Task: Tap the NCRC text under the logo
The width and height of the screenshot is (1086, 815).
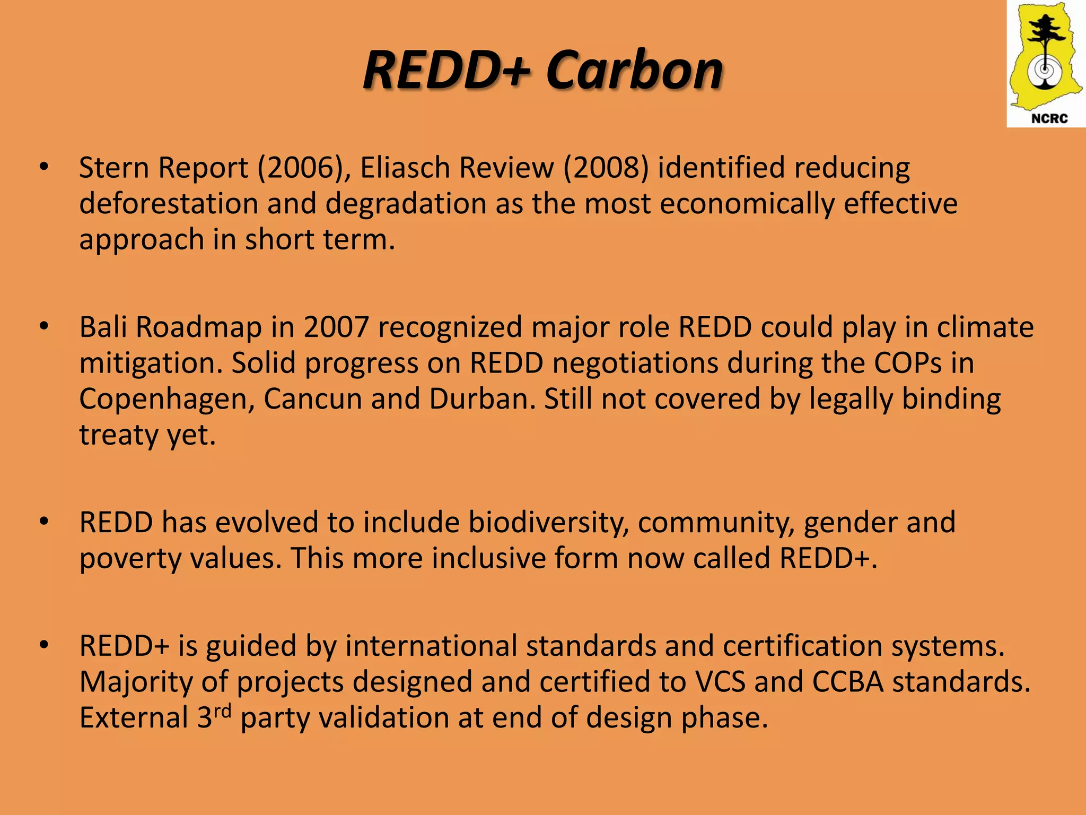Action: (1049, 118)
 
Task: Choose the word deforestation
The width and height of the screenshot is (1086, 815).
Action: (168, 204)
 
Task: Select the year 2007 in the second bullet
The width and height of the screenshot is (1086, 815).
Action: (336, 327)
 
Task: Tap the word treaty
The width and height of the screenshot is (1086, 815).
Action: (118, 436)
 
